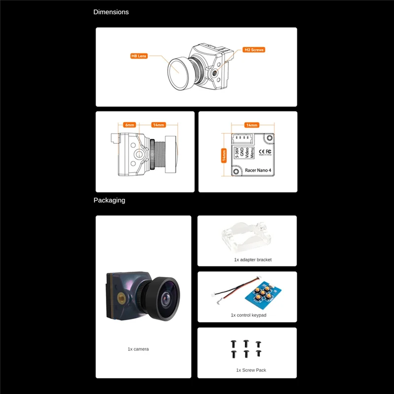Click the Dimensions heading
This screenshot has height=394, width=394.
tap(111, 12)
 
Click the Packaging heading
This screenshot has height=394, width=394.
tap(109, 200)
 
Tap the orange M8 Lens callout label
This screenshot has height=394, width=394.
tap(138, 56)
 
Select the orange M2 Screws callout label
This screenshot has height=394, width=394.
tap(254, 50)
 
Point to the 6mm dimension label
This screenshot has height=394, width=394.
tap(130, 125)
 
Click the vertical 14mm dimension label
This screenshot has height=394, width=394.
tap(224, 155)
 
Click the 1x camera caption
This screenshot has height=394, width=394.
tap(138, 349)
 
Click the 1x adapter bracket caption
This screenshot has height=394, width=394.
tap(253, 260)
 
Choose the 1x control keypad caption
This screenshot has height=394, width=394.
tap(248, 315)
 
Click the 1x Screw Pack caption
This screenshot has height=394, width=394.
tap(251, 370)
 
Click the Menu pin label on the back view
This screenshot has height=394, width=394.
tap(252, 152)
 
